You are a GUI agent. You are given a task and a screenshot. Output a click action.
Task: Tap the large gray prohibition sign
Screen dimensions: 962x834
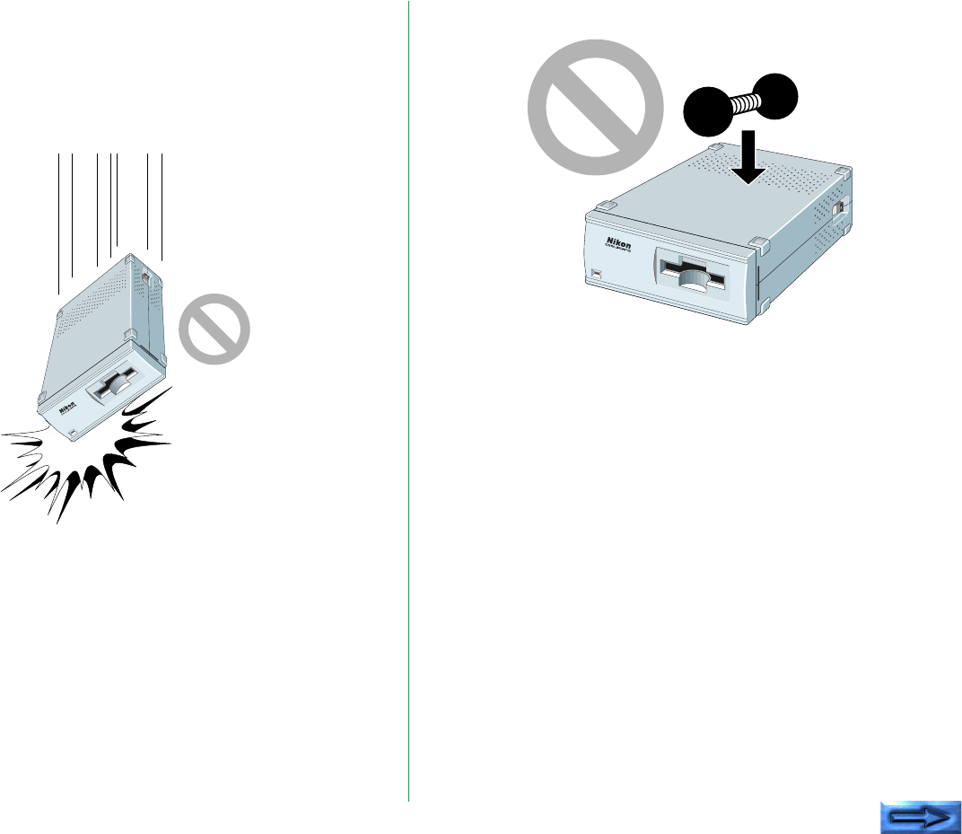pos(593,107)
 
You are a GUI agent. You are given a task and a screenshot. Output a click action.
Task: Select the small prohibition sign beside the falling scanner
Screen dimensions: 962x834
pos(214,329)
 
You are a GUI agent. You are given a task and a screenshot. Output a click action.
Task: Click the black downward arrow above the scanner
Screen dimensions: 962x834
pos(748,156)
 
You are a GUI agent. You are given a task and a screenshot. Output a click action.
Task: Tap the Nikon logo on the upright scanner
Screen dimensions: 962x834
pos(618,243)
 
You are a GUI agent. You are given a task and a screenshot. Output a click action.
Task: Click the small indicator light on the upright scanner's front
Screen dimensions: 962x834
pos(595,271)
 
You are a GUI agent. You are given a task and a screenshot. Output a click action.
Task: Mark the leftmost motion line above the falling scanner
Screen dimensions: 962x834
pos(59,224)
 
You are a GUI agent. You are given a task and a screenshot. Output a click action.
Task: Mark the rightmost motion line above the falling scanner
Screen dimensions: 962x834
pos(161,206)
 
